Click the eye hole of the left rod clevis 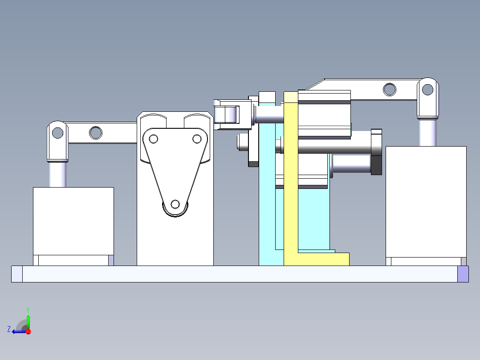tap(57, 132)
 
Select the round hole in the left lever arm tap(95, 132)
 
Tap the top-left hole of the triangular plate tap(154, 139)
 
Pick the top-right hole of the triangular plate tap(197, 139)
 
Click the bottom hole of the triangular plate tap(175, 205)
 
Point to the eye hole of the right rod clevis tap(427, 90)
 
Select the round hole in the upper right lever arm tap(390, 89)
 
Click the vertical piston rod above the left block tap(57, 174)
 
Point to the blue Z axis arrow tap(18, 331)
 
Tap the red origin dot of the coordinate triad tap(28, 331)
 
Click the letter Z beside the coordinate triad tap(9, 329)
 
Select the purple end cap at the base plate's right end tap(463, 274)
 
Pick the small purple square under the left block tap(111, 260)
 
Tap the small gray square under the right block tap(464, 262)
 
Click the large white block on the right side tap(426, 201)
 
